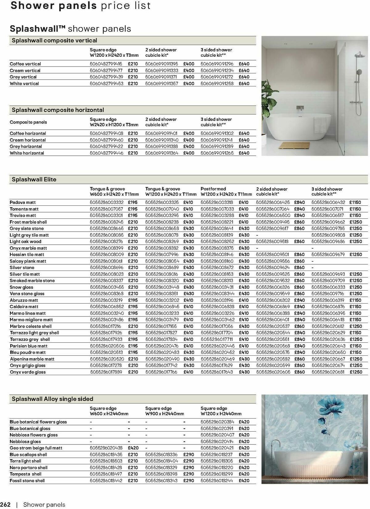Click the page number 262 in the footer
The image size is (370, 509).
[6, 505]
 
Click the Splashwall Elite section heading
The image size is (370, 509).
[34, 179]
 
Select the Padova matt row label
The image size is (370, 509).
[23, 202]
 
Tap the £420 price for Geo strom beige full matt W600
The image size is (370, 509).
[133, 448]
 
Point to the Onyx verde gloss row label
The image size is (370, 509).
[27, 372]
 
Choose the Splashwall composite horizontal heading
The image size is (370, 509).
[58, 110]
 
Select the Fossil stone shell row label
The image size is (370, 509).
[27, 481]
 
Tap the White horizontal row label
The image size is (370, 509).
[27, 153]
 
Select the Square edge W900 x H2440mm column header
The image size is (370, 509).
[165, 411]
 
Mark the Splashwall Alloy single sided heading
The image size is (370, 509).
[52, 399]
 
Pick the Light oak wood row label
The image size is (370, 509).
[25, 242]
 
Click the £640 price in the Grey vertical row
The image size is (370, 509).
[244, 77]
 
